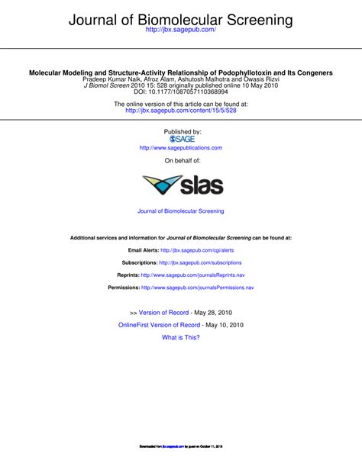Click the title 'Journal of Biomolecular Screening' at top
coord(181,17)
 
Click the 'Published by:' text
coord(181,131)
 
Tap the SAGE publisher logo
coord(182,139)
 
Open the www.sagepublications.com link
coord(181,148)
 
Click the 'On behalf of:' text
coord(181,162)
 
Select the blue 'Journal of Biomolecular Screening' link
coord(181,211)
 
